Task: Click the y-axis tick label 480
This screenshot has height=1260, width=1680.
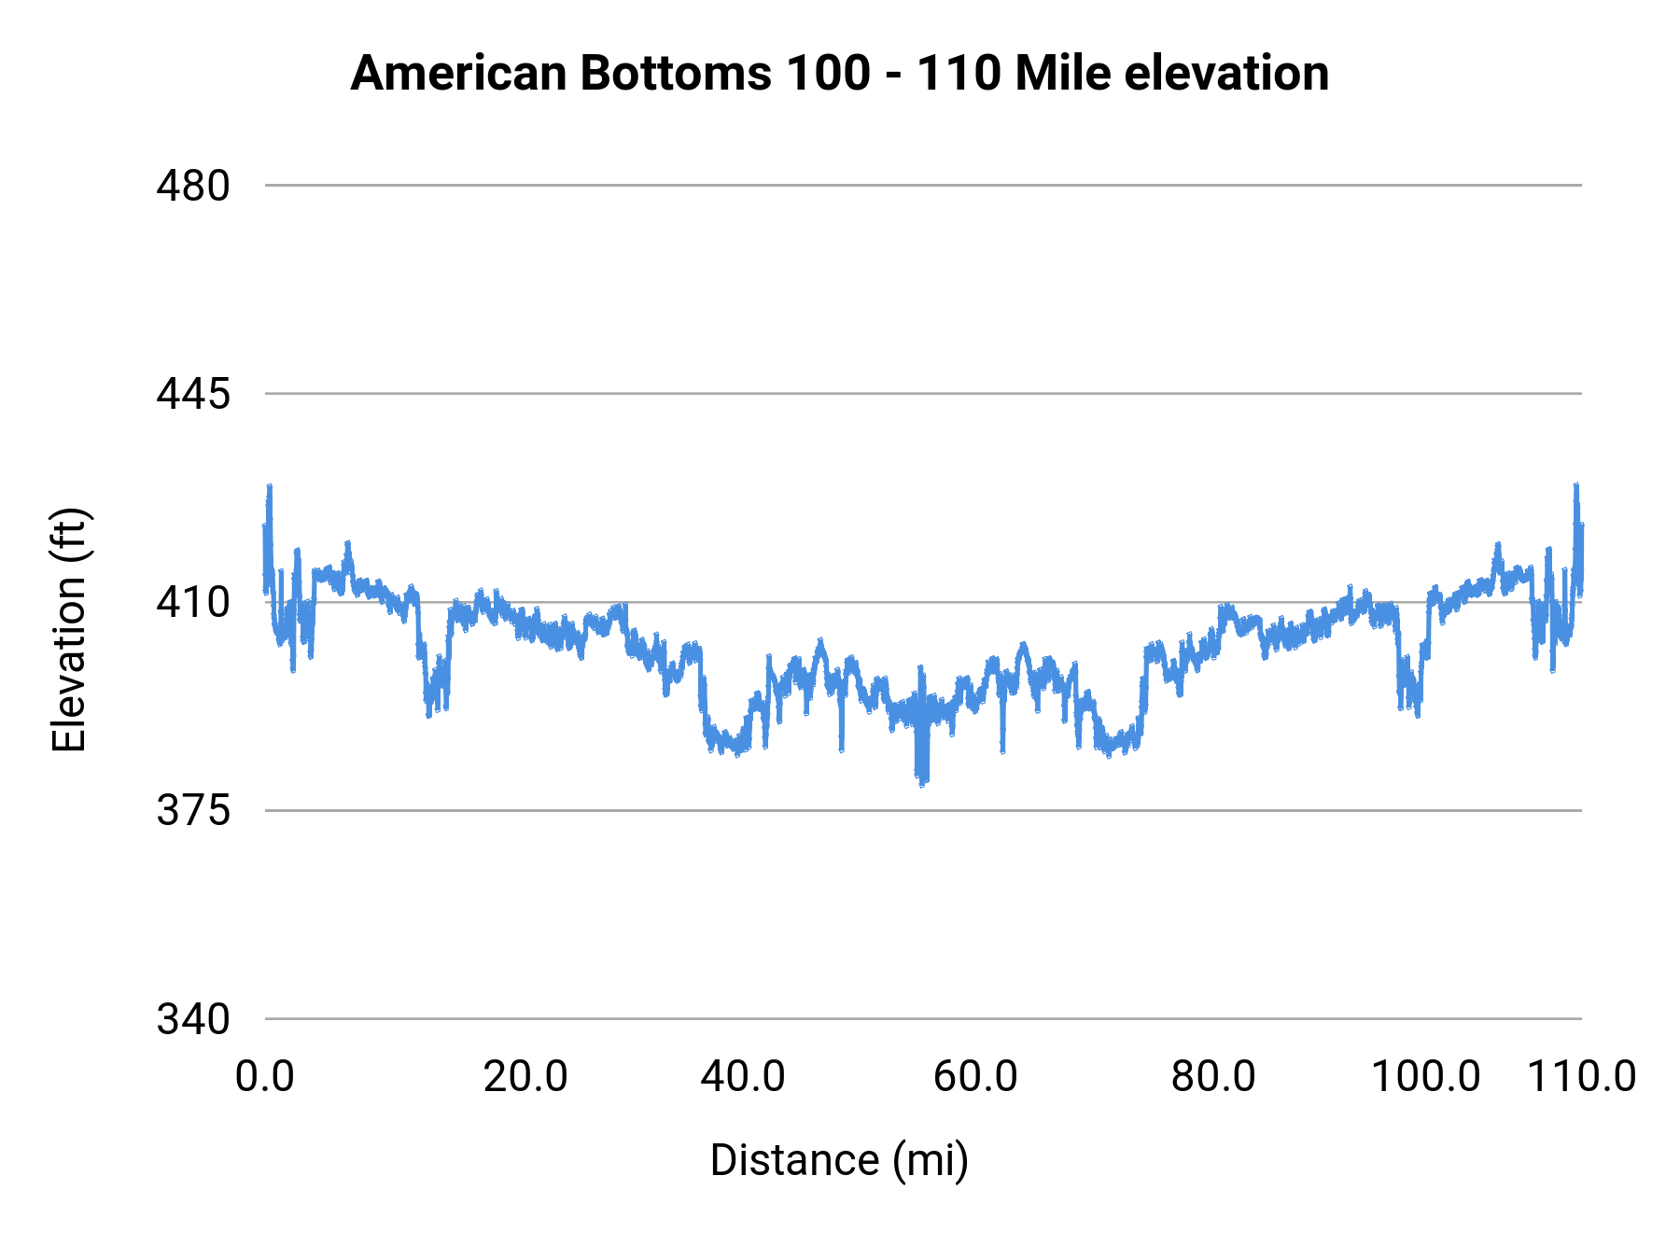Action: pos(192,186)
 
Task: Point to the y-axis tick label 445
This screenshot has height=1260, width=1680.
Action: pos(192,394)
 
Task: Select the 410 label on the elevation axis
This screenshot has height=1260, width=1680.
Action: pos(192,603)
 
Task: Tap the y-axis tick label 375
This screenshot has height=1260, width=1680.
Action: pos(192,811)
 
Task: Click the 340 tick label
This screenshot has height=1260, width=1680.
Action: pos(192,1019)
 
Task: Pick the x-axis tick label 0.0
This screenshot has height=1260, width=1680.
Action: pos(264,1077)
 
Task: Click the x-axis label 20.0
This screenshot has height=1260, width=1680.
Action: pos(525,1077)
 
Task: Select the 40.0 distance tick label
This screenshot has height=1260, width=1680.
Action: pos(743,1077)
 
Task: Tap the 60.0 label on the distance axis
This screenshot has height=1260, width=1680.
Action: pos(975,1077)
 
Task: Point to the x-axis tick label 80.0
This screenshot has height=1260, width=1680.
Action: pos(1213,1077)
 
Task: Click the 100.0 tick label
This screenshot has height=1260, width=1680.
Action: pos(1425,1077)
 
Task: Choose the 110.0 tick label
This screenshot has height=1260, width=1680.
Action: pos(1581,1077)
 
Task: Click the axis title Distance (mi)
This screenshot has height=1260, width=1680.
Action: pos(839,1160)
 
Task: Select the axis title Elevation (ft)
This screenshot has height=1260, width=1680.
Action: pos(69,630)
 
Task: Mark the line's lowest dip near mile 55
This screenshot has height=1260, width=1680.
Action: pos(923,782)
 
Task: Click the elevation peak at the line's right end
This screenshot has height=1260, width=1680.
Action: pos(1576,486)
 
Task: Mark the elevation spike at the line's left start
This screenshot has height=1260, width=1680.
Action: pos(270,486)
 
